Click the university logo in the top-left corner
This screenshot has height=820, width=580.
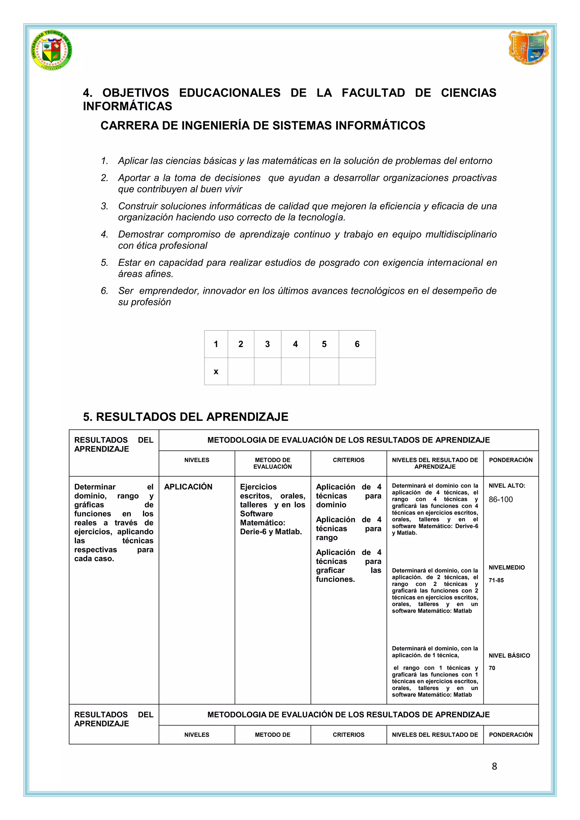[52, 50]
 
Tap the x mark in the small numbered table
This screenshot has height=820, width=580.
[216, 371]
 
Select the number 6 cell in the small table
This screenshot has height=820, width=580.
[357, 344]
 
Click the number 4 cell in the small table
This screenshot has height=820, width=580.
[295, 344]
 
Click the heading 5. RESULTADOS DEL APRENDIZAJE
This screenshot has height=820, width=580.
[185, 417]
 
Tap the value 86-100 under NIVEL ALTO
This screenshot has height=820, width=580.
[500, 499]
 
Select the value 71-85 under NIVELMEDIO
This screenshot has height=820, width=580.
[496, 580]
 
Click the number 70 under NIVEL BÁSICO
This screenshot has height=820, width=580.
[492, 668]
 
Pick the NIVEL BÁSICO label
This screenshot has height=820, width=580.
[509, 655]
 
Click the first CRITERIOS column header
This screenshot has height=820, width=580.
[348, 460]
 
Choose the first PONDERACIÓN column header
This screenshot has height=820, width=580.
[510, 460]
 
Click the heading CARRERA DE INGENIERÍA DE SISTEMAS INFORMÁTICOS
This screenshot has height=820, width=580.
[263, 125]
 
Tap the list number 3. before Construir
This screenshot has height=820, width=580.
[104, 206]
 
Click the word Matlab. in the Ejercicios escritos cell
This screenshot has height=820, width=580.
[288, 531]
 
